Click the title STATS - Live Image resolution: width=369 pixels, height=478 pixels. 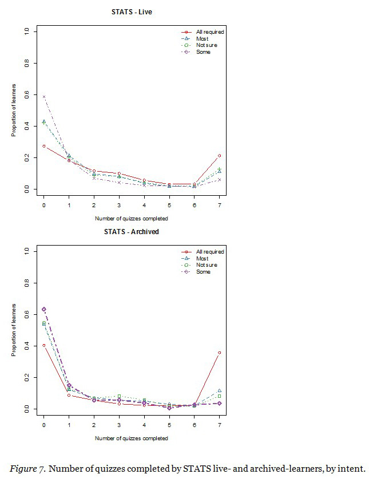(132, 11)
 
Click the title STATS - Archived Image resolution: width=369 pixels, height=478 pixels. (132, 232)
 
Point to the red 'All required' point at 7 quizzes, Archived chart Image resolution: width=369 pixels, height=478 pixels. (219, 353)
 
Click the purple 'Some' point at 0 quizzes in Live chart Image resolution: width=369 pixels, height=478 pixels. (44, 97)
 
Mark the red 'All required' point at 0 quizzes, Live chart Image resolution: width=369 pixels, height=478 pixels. (44, 146)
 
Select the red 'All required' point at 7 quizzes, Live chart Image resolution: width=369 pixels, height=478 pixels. (219, 156)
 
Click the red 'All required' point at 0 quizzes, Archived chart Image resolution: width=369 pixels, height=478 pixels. (44, 345)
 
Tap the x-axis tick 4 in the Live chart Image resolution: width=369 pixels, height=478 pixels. (144, 203)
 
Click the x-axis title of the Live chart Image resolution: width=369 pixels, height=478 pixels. (132, 219)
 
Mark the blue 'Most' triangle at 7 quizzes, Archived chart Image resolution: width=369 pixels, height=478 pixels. (219, 390)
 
